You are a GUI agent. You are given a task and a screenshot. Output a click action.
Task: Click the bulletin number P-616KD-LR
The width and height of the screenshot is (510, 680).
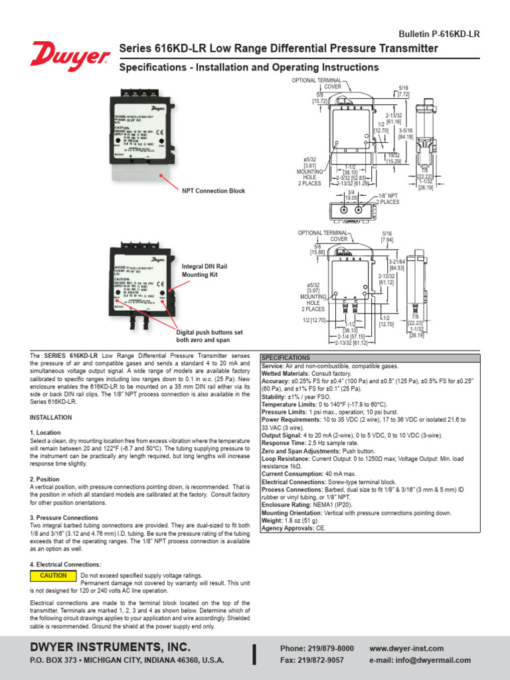tap(438, 33)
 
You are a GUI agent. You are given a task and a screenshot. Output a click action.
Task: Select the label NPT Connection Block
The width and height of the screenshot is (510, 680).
tap(213, 191)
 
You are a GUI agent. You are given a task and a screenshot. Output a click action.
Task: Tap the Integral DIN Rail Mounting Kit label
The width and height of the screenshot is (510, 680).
tap(205, 270)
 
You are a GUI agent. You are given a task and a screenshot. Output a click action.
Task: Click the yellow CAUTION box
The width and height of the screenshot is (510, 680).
tap(53, 576)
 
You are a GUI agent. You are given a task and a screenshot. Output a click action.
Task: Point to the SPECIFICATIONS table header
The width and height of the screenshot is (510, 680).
tap(286, 357)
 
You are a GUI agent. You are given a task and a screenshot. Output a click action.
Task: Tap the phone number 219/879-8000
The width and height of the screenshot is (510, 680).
tap(317, 647)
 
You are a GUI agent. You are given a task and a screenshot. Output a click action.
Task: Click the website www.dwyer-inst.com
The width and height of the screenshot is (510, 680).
tap(406, 647)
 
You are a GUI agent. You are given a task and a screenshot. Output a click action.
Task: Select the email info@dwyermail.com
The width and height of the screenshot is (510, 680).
tap(420, 660)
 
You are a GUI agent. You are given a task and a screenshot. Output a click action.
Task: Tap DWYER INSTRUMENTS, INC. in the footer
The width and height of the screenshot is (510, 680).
tap(110, 646)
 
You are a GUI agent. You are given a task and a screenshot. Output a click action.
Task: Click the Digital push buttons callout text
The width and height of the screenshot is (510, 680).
tap(209, 335)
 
